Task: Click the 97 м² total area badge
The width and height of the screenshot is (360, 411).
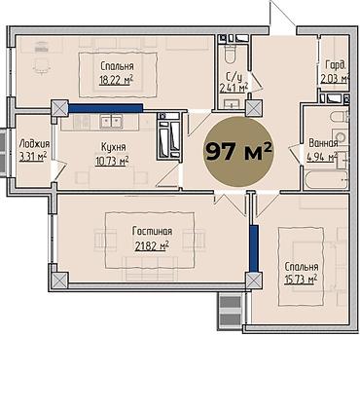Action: [238, 152]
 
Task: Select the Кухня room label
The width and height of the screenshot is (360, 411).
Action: [114, 147]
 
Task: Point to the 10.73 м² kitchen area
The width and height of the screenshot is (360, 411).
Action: [112, 161]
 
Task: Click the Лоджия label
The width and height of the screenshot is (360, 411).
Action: [34, 144]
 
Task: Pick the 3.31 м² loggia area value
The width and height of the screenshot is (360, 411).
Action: [33, 157]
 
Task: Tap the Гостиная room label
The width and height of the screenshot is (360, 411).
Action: [152, 232]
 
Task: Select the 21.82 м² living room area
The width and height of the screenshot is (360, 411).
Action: [152, 246]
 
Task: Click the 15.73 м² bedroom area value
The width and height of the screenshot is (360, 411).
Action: [301, 280]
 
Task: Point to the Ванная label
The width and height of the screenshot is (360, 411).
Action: [323, 143]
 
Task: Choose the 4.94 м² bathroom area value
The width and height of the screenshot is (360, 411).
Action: [322, 157]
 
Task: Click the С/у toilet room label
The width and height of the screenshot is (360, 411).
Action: [234, 77]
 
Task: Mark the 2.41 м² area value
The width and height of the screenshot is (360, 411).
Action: [234, 88]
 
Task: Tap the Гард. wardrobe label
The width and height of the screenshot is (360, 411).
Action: [336, 66]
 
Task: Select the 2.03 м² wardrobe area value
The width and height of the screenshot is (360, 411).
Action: [335, 79]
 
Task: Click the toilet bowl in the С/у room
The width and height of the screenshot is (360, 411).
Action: [231, 55]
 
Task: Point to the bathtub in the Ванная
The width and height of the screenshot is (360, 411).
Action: [326, 180]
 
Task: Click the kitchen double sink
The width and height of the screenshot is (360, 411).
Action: [111, 122]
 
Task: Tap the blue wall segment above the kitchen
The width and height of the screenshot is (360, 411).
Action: [106, 108]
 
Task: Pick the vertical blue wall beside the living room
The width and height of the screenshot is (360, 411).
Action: [254, 248]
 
